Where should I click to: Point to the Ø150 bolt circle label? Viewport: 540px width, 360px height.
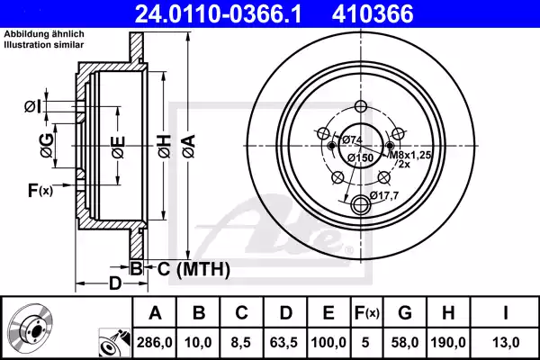coord(361,158)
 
